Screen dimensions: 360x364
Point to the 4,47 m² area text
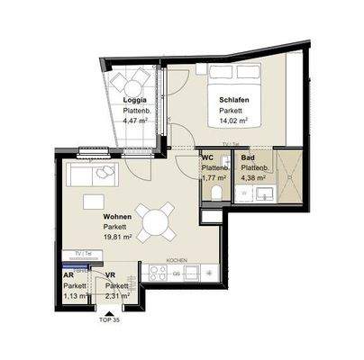137,117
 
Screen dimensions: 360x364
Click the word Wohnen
117,217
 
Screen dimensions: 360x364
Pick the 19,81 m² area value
117,238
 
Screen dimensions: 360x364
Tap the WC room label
208,157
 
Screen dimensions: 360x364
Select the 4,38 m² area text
252,178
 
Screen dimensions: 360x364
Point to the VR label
110,274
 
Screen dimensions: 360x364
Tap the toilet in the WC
209,216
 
